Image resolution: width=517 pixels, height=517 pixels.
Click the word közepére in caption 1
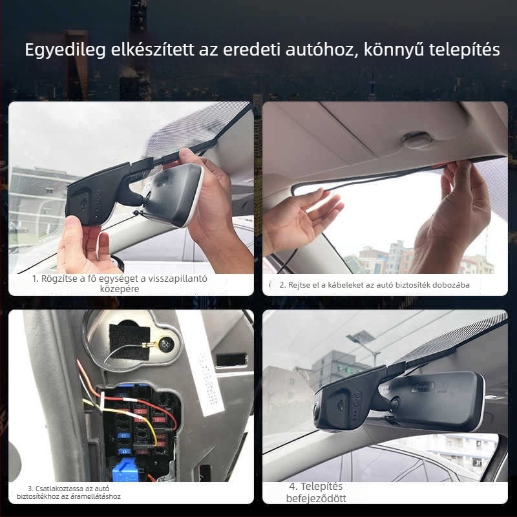tap(120, 290)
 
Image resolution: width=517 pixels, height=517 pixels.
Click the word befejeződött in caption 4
tap(316, 498)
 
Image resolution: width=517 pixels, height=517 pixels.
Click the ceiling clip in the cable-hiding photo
tap(416, 140)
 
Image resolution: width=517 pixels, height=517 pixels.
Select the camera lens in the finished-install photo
tap(319, 414)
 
